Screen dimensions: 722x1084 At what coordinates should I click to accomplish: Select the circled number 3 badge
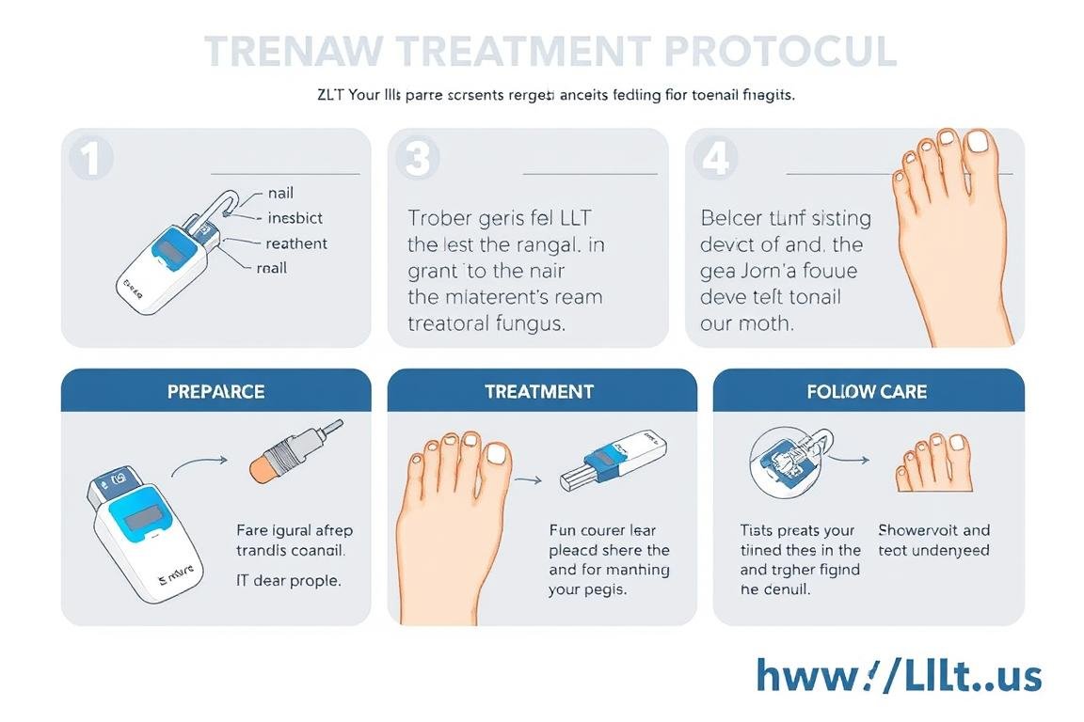point(416,159)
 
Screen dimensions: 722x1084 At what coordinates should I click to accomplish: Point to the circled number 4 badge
point(716,159)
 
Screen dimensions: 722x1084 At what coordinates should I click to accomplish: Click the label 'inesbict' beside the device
point(295,218)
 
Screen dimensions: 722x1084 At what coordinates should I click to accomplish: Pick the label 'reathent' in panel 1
point(296,243)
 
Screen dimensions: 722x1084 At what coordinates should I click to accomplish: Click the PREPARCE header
point(215,391)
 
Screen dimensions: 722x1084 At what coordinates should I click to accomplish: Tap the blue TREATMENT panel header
point(540,391)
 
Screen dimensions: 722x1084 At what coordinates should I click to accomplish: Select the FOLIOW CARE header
point(867,391)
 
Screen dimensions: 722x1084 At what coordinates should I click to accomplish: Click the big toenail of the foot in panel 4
point(981,142)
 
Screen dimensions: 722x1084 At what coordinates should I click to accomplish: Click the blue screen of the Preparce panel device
point(141,514)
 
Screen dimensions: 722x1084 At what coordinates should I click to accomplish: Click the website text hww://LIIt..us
point(899,676)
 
